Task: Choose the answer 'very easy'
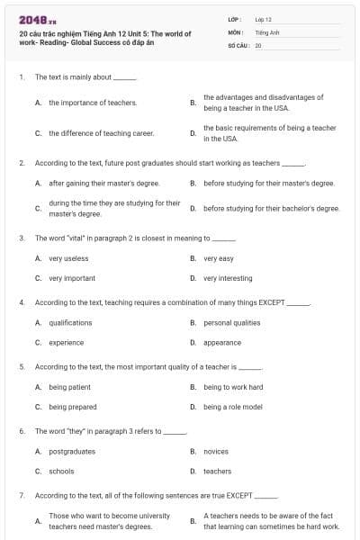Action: [x=219, y=258]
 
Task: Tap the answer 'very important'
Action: [x=72, y=278]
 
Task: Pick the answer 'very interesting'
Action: [x=228, y=278]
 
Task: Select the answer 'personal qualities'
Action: [x=230, y=322]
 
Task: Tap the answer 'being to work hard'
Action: [x=233, y=387]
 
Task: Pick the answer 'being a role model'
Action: [x=233, y=407]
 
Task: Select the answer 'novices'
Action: [x=216, y=451]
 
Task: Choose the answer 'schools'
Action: [x=61, y=471]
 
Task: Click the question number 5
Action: [x=22, y=367]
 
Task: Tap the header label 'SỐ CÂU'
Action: [x=238, y=43]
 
